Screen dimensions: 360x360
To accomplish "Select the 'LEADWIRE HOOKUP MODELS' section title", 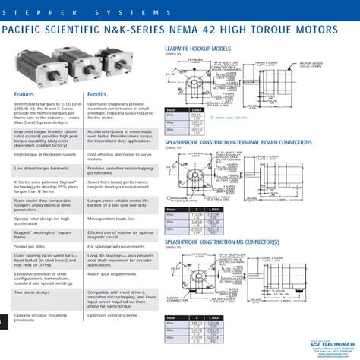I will pos(200,47).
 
